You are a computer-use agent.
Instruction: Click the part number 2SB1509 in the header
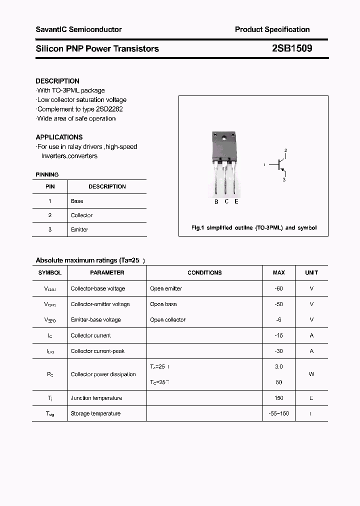(x=292, y=48)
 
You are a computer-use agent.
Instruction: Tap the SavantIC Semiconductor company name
(x=78, y=29)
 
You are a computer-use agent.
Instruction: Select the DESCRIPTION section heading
(x=57, y=81)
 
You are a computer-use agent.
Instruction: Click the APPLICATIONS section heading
(x=59, y=137)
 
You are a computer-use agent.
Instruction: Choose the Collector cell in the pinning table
(x=81, y=215)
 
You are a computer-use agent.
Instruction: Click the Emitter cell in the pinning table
(x=79, y=229)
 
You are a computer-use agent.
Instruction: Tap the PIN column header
(x=50, y=186)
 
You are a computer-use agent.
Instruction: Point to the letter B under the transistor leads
(x=216, y=201)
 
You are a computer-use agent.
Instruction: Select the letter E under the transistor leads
(x=236, y=201)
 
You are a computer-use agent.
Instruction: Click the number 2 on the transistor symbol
(x=285, y=150)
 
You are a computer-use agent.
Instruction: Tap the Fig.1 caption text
(x=254, y=227)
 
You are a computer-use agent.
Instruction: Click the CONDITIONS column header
(x=204, y=272)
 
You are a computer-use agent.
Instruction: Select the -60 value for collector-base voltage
(x=278, y=288)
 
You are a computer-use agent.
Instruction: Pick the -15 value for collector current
(x=278, y=335)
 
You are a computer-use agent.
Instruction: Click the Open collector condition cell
(x=167, y=319)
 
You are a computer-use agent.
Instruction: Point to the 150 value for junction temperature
(x=278, y=398)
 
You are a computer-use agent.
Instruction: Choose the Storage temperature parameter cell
(x=95, y=413)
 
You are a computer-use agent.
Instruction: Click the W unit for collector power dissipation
(x=311, y=374)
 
